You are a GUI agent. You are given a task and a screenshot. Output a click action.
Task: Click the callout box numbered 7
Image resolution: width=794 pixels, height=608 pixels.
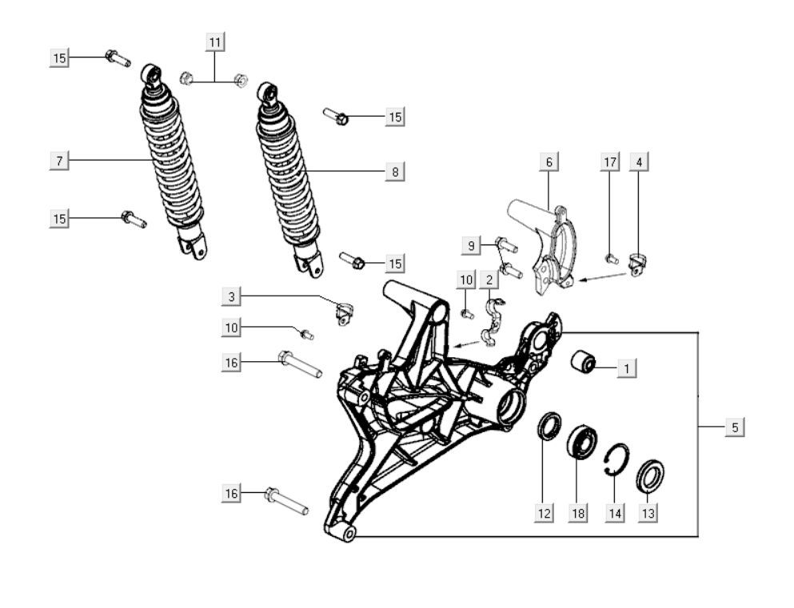click(x=58, y=161)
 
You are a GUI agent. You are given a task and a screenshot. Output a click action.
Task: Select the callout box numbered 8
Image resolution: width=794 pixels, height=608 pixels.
click(x=395, y=171)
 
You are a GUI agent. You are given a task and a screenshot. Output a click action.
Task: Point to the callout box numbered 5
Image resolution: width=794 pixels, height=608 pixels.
click(x=735, y=427)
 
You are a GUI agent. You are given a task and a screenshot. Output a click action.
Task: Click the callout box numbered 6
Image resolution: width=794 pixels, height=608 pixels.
click(x=549, y=162)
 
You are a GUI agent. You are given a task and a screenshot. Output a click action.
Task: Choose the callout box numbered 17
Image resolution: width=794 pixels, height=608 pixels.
click(x=610, y=162)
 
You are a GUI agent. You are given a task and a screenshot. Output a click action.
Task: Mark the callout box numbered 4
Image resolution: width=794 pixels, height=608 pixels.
click(x=638, y=162)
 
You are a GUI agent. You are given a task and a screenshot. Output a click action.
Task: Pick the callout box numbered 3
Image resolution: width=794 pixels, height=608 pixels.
click(x=232, y=297)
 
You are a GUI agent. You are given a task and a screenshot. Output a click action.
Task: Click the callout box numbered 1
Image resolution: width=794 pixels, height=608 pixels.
click(x=628, y=368)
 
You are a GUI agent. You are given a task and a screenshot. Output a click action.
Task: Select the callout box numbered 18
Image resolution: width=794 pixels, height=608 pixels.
click(x=577, y=514)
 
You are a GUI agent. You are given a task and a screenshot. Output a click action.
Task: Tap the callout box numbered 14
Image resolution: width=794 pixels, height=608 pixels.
click(x=614, y=514)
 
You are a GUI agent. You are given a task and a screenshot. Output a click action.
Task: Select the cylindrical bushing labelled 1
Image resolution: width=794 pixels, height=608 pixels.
click(x=585, y=363)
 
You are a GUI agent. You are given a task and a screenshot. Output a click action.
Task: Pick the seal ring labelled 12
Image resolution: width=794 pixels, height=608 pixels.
click(x=548, y=426)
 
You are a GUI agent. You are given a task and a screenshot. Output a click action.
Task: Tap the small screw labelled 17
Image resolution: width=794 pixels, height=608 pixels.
click(x=612, y=258)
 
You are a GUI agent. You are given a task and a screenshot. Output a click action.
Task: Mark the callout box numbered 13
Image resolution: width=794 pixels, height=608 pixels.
click(x=648, y=514)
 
